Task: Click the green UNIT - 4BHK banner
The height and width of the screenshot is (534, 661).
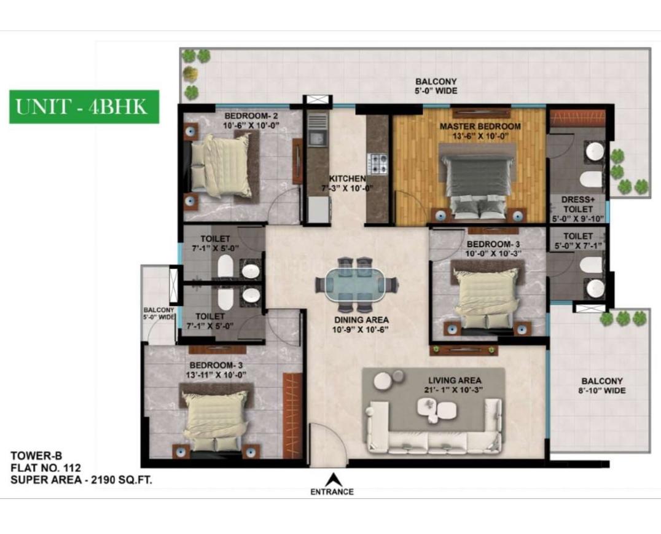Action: click(84, 107)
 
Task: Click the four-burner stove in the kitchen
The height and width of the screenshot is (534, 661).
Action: click(377, 163)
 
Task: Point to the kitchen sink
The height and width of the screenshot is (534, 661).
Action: click(316, 137)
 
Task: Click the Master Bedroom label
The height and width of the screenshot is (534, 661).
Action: click(480, 126)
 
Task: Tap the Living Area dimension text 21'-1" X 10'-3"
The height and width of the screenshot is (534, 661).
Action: click(453, 390)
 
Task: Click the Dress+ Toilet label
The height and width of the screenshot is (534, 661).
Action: click(577, 204)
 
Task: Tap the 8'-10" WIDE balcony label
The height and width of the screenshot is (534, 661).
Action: click(601, 391)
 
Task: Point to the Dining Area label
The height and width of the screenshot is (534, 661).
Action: click(361, 320)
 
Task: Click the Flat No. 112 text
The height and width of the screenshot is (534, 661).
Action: click(45, 468)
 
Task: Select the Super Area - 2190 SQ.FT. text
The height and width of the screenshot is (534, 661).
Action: click(81, 480)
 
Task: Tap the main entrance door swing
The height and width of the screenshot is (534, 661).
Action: click(329, 443)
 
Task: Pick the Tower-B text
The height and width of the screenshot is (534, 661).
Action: click(36, 455)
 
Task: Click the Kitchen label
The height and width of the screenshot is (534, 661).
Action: click(347, 178)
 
